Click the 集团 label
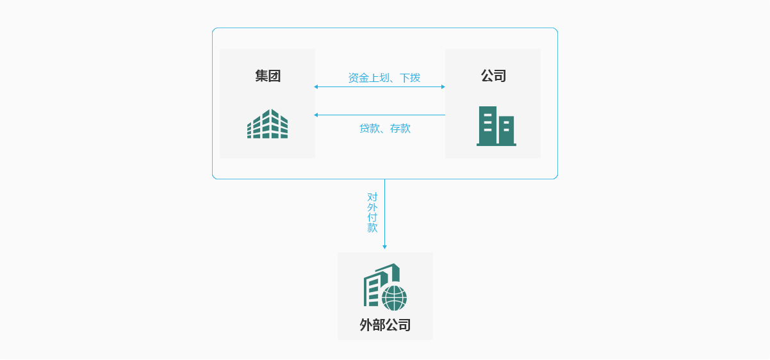pos(268,76)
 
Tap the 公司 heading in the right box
pos(493,76)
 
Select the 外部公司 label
pos(385,325)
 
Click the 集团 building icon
pos(267,124)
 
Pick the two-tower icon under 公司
pos(496,126)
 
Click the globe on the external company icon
pos(394,298)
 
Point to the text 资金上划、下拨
pos(384,78)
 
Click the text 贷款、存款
pos(384,128)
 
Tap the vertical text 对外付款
pos(372,212)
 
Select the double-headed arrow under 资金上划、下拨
pos(379,86)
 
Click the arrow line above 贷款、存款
pos(379,115)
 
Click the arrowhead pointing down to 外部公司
pos(384,247)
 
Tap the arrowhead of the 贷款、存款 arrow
pos(316,115)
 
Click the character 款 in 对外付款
pos(372,227)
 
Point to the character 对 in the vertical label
pos(372,197)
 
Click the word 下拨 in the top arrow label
pos(410,78)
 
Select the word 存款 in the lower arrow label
pos(400,128)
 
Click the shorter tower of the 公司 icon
pos(506,130)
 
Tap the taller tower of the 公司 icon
pos(487,125)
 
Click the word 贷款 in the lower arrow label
pos(369,128)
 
